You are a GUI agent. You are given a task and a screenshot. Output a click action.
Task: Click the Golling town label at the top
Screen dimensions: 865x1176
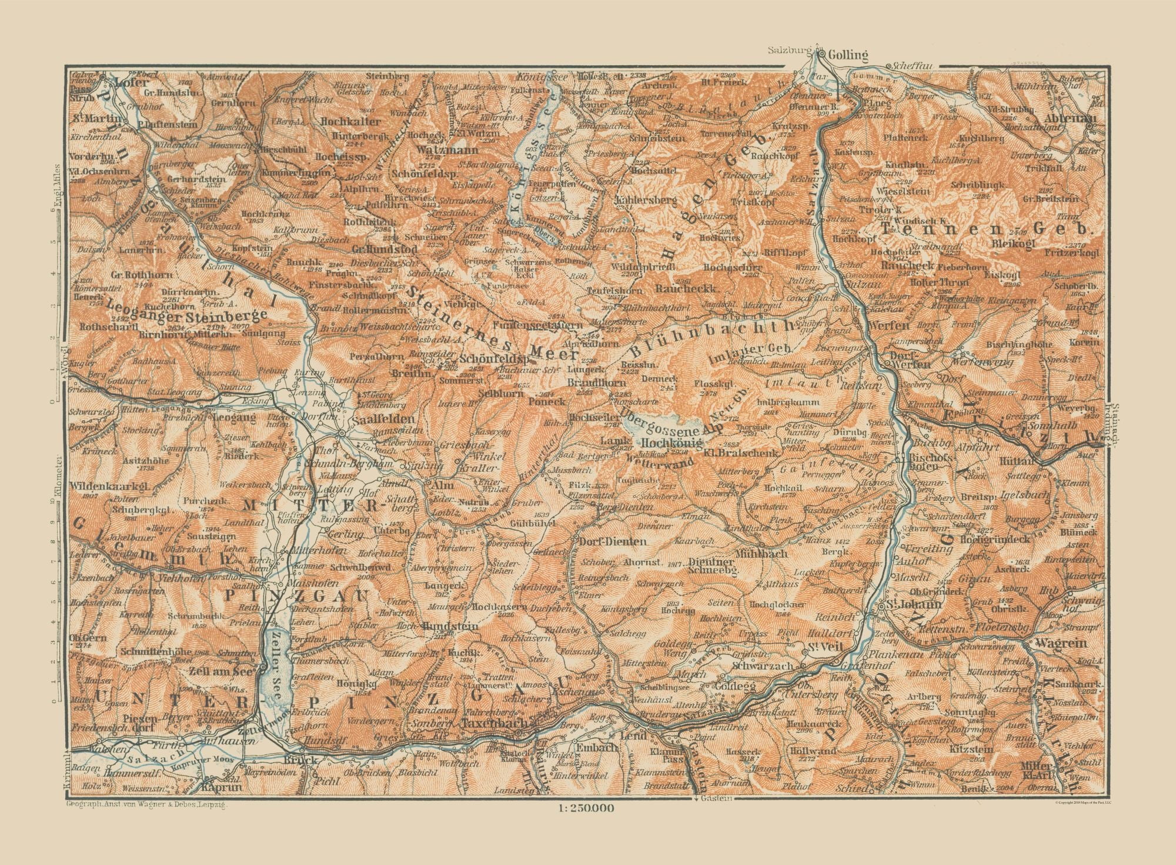[848, 56]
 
